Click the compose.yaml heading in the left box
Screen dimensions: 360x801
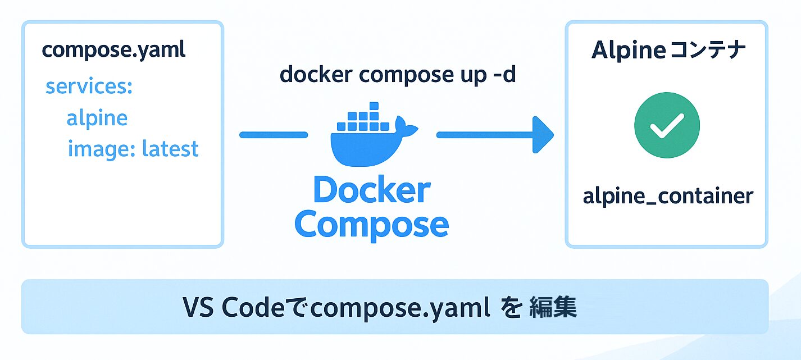click(113, 51)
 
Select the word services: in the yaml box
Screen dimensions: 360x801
click(89, 86)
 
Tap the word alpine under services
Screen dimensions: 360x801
click(97, 119)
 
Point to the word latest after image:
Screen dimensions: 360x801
click(170, 149)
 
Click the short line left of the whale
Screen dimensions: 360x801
click(274, 135)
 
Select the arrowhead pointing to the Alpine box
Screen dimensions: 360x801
click(541, 135)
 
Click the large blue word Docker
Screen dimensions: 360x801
click(372, 190)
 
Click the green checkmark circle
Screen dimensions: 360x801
click(667, 125)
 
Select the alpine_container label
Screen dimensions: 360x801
click(667, 196)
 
